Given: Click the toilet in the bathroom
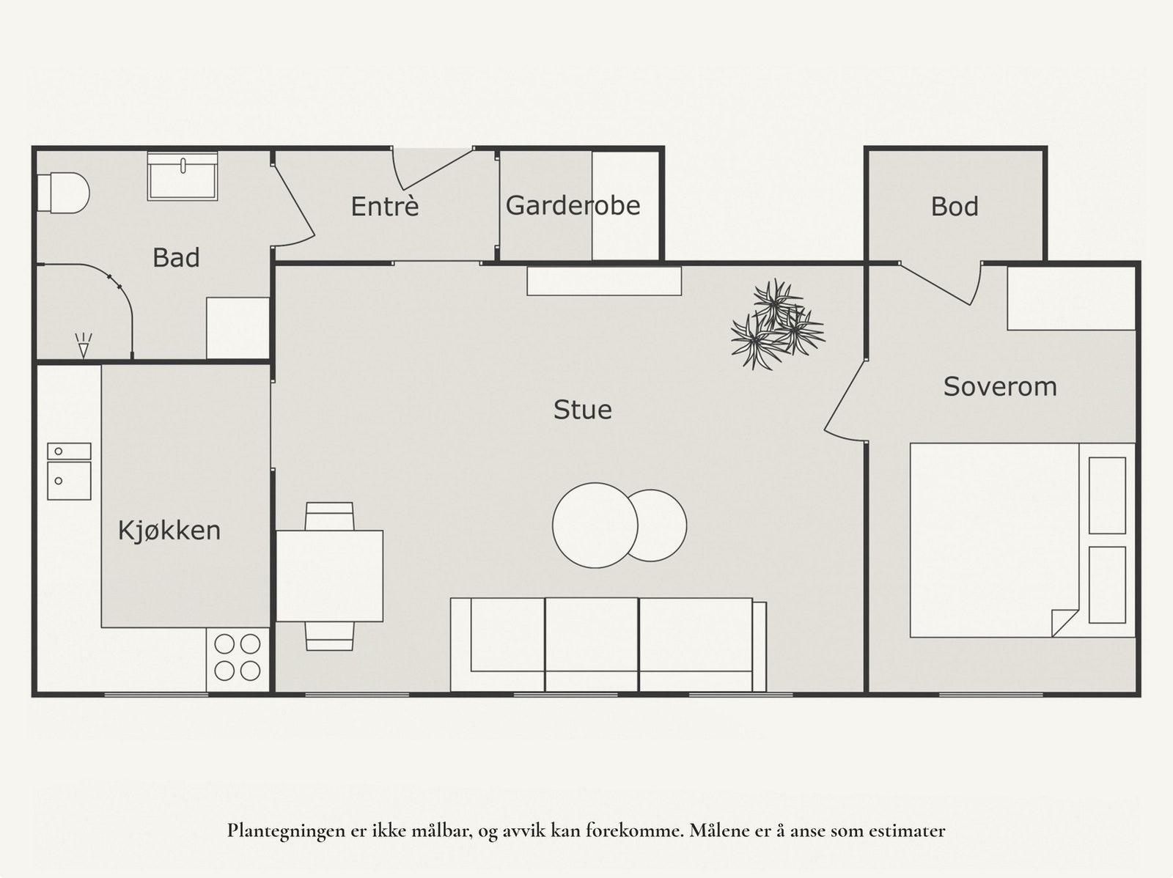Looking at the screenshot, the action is click(63, 192).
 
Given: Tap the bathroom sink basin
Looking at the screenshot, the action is click(183, 176).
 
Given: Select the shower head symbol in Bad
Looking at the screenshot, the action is click(84, 345).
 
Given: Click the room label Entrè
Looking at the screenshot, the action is click(385, 206).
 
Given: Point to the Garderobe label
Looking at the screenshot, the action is click(573, 206).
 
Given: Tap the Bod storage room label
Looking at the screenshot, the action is click(955, 207).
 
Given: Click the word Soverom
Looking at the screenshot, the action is click(1000, 387).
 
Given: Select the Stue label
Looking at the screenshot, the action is click(583, 410).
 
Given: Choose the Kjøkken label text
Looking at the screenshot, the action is click(169, 531).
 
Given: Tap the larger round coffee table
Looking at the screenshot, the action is click(595, 525).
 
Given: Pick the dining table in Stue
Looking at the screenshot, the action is click(329, 576).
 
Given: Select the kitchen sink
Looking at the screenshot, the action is click(69, 471).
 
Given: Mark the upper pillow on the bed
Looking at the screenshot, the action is click(1107, 495).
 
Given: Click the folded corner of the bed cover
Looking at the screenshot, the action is click(1064, 623).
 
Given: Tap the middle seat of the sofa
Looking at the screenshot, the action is click(591, 644).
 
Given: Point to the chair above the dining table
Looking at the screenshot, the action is click(329, 516).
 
